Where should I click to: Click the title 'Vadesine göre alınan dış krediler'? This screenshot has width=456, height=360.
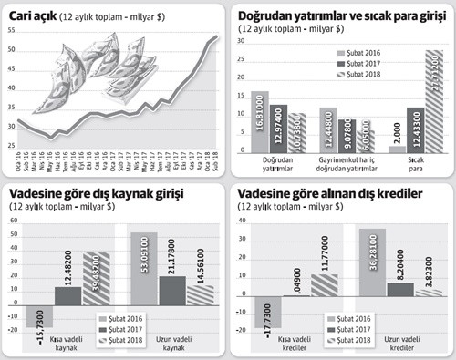[325, 194]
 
